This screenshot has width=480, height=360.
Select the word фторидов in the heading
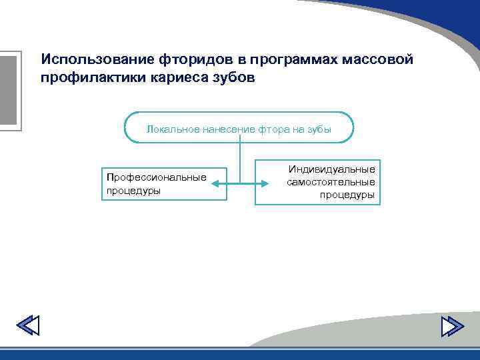click(x=191, y=59)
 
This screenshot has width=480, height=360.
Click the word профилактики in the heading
click(x=86, y=78)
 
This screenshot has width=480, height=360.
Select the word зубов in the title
click(x=231, y=78)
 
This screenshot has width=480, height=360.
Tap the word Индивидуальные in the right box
click(x=331, y=169)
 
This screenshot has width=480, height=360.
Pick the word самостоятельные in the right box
click(x=331, y=182)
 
